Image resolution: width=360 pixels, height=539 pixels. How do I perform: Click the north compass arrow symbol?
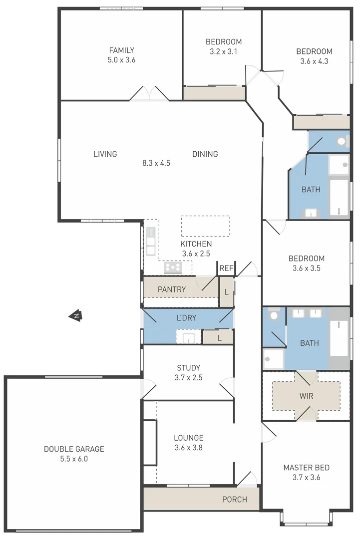tap(75, 315)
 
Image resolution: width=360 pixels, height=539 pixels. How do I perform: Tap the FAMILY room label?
tap(122, 50)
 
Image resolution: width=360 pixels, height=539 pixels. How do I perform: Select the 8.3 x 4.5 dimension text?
tap(156, 163)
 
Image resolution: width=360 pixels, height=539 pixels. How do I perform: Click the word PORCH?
tap(234, 500)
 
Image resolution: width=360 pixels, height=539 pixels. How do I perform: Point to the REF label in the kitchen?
tap(226, 269)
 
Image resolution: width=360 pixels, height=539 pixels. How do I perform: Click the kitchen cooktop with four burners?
tap(173, 268)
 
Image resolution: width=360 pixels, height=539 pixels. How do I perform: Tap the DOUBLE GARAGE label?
tap(74, 449)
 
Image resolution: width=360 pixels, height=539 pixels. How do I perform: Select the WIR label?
tap(306, 395)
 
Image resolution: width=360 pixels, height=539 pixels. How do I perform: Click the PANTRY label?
tap(172, 289)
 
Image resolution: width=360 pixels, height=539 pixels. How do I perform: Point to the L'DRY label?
tap(187, 318)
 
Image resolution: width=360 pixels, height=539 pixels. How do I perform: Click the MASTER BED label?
tap(306, 468)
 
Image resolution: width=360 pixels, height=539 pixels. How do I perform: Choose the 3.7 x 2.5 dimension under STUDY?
tap(188, 378)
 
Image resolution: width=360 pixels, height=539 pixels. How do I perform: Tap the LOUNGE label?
tap(188, 438)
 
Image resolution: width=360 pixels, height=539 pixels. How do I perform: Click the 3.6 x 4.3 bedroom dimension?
tap(314, 61)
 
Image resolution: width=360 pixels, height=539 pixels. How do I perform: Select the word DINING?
tap(205, 154)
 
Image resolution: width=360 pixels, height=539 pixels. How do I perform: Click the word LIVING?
tap(105, 154)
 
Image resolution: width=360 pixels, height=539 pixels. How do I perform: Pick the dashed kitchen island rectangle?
tap(205, 226)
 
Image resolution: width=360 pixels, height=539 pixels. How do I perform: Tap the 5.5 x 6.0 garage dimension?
tap(74, 459)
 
